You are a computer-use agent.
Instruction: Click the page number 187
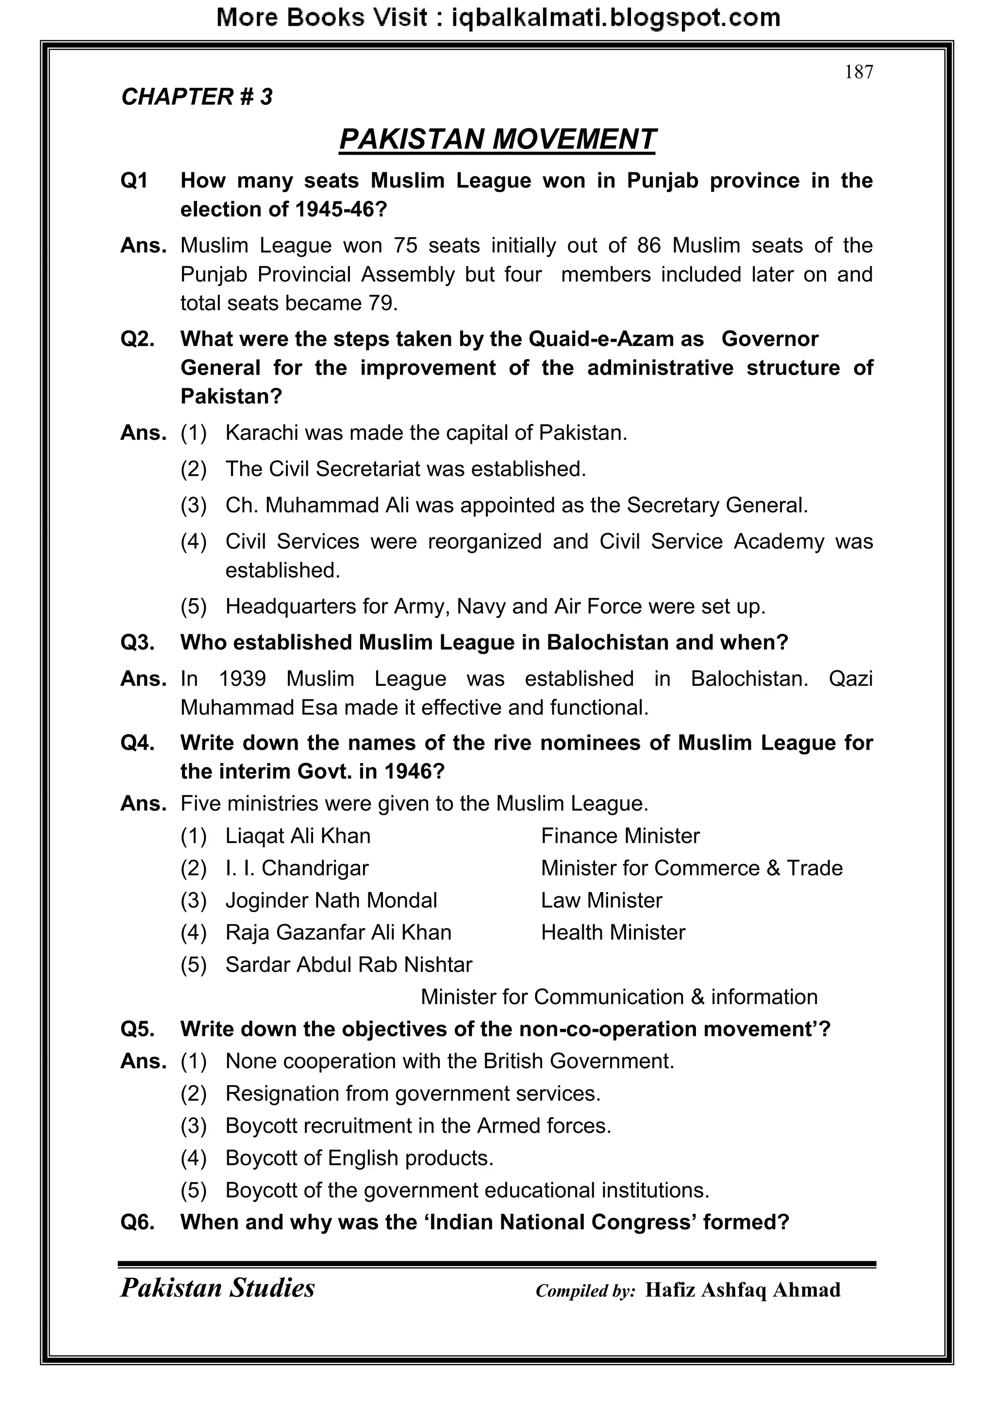point(858,72)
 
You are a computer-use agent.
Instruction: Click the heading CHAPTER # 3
point(197,97)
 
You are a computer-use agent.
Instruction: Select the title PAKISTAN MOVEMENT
point(497,139)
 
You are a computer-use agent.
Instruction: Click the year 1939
point(242,678)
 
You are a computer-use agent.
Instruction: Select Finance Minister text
point(619,836)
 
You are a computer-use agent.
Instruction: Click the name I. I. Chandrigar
point(297,868)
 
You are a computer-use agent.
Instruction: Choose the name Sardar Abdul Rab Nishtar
point(348,965)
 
